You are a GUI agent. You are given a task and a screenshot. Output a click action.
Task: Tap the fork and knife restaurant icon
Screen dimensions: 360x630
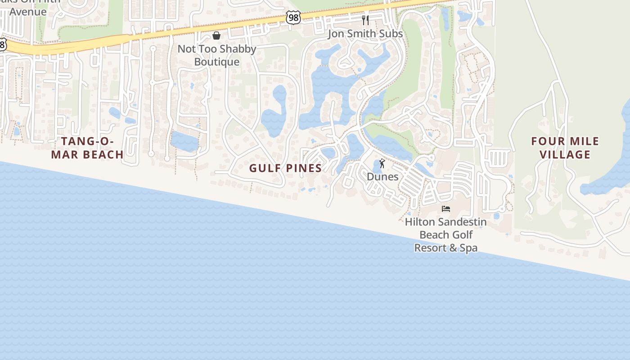(x=365, y=20)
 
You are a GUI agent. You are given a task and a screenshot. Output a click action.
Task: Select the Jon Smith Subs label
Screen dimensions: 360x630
(x=365, y=34)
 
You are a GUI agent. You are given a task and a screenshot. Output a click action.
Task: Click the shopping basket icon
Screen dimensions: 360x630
(x=216, y=36)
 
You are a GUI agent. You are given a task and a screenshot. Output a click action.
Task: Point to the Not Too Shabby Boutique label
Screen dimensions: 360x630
(x=217, y=55)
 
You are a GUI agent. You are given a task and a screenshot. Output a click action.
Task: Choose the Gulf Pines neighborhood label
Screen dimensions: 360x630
(x=286, y=168)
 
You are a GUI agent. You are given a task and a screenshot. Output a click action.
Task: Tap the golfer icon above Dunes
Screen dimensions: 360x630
(x=382, y=163)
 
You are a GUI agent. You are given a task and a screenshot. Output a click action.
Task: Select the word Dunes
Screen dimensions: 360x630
(x=382, y=176)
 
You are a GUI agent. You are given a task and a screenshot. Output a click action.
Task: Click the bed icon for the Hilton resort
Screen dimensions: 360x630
(x=446, y=208)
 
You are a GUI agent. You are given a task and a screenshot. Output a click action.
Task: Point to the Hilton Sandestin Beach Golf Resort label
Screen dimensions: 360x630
(x=446, y=234)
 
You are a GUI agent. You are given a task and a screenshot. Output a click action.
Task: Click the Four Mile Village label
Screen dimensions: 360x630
(x=565, y=148)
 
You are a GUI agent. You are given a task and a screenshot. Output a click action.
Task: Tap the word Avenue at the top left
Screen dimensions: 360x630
(x=28, y=12)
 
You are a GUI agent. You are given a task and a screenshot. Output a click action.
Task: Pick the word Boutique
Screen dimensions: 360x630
(x=217, y=62)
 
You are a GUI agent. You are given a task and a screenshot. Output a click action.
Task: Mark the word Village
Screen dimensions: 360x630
(x=565, y=155)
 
